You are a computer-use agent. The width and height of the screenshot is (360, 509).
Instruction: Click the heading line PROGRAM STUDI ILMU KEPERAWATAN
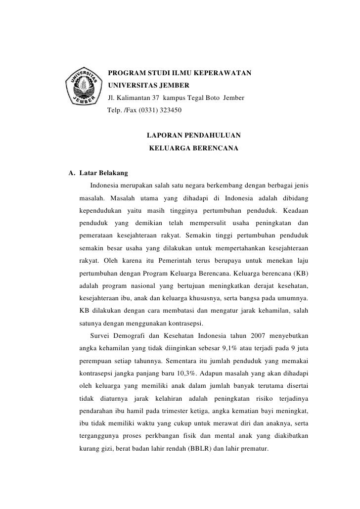pyautogui.click(x=180, y=74)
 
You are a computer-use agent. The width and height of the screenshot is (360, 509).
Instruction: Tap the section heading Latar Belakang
pyautogui.click(x=103, y=174)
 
